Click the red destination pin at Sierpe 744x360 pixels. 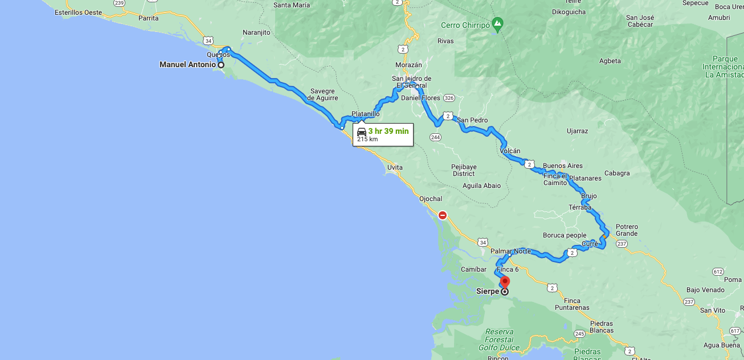coord(505,282)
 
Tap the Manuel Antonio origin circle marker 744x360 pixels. coord(221,65)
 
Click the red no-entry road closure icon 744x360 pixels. coord(442,215)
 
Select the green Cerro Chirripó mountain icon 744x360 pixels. coord(498,24)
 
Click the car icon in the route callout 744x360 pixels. coord(361,132)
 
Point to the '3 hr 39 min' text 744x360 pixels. coord(388,131)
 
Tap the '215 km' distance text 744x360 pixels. coord(367,140)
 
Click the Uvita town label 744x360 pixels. coord(395,167)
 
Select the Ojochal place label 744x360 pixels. coord(431,199)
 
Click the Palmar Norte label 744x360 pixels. coord(510,251)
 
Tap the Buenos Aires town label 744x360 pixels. coord(563,166)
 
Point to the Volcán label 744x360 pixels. coord(510,151)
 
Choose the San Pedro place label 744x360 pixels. coord(472,120)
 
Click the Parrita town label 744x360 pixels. coord(148,18)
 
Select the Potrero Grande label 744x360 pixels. coord(627,230)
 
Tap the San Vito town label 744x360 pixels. coord(713,310)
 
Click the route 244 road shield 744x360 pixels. coord(436,137)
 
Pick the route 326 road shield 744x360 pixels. coord(449,98)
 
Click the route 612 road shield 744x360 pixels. coord(718,271)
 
